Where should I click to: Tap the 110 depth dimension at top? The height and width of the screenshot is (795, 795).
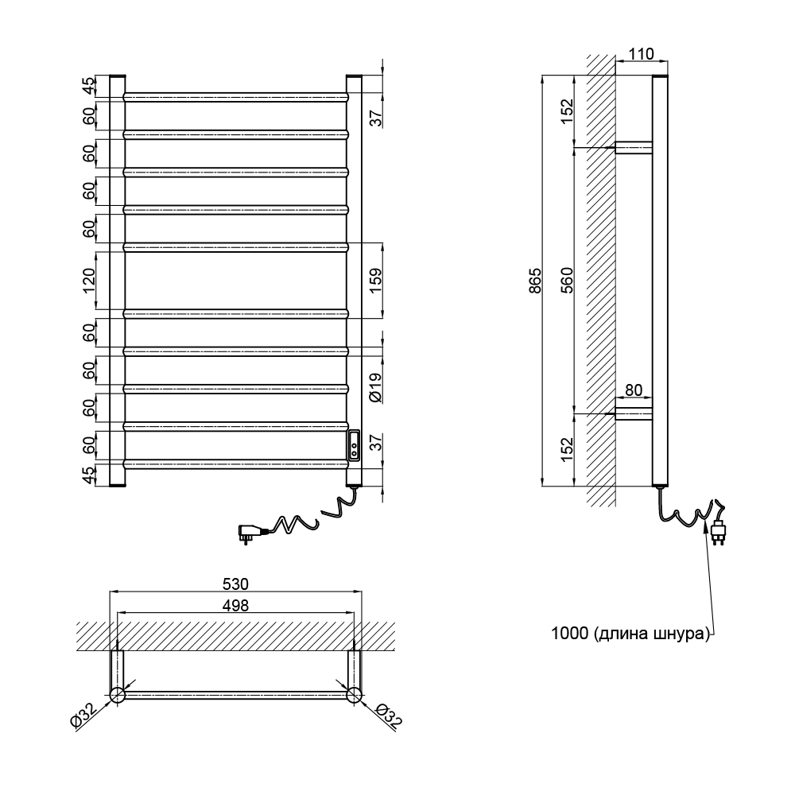(x=641, y=54)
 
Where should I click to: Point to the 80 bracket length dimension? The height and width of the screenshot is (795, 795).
(x=634, y=390)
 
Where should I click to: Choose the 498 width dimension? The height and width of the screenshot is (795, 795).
(x=235, y=605)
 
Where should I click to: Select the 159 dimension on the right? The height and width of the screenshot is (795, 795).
(x=376, y=279)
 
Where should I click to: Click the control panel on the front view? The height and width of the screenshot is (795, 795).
(x=354, y=444)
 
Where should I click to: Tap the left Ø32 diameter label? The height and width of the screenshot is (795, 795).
(x=83, y=718)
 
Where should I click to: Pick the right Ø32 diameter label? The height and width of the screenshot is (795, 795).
(x=390, y=716)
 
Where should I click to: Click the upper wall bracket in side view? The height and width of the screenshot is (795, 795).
(x=634, y=147)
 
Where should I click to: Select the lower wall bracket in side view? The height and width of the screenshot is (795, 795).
(x=634, y=413)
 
